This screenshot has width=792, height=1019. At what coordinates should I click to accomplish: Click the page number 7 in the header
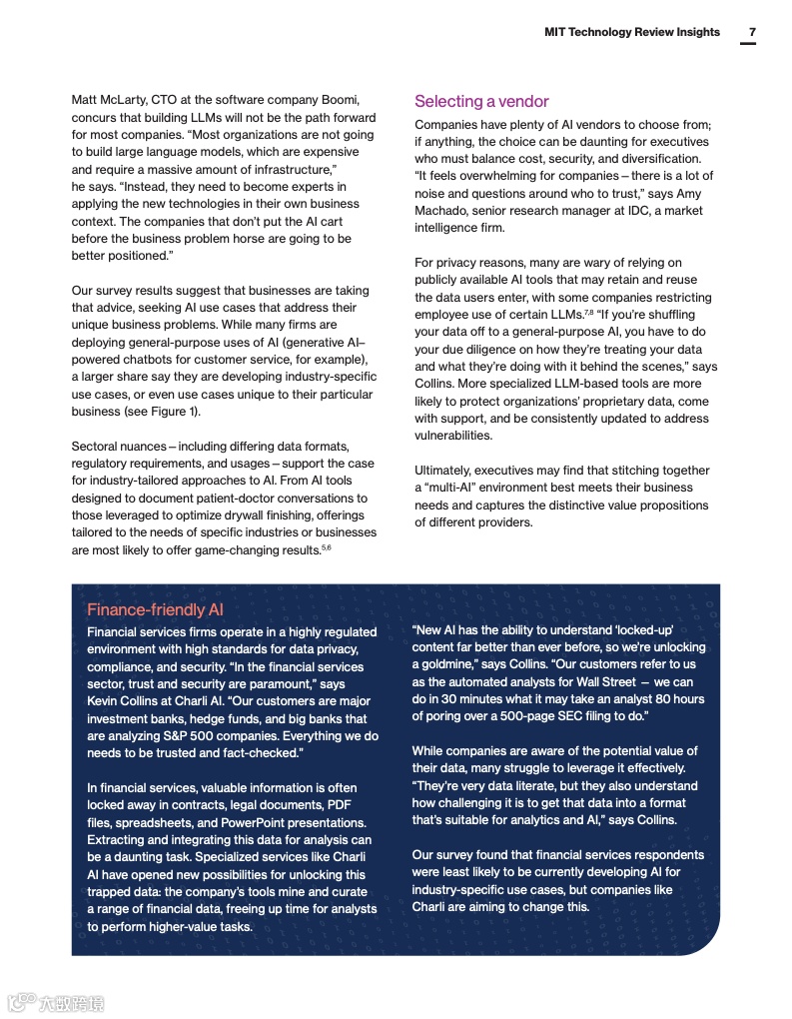click(x=752, y=32)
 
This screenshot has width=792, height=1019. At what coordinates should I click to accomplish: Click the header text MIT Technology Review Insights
click(x=631, y=32)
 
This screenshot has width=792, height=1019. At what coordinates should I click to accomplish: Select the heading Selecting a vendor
click(x=481, y=101)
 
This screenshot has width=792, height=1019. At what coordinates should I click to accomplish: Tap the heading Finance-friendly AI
click(x=155, y=609)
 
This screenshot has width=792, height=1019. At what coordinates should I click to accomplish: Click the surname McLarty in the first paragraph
click(x=125, y=100)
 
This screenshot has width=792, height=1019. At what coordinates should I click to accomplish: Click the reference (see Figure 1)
click(x=161, y=412)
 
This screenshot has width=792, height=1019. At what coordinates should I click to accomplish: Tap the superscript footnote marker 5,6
click(x=326, y=547)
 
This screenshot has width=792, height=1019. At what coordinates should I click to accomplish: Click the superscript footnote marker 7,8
click(x=589, y=313)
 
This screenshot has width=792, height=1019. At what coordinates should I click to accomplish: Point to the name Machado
click(x=437, y=210)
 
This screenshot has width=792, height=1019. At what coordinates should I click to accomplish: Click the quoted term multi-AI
click(x=456, y=488)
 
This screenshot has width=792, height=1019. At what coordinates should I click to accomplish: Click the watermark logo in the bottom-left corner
click(x=55, y=1002)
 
